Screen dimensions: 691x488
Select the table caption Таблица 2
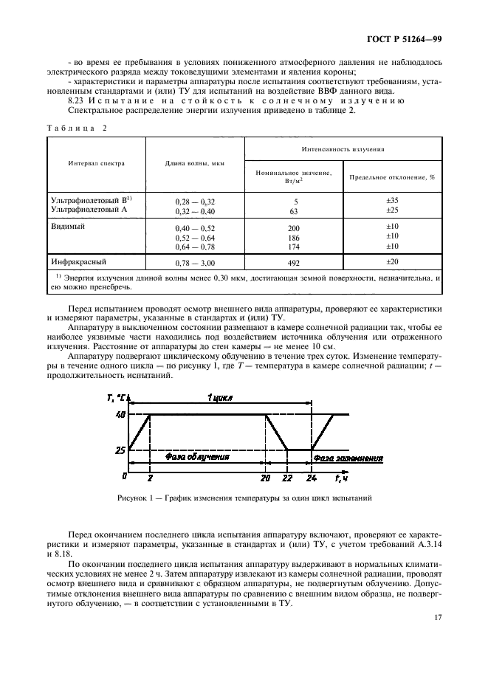[77, 127]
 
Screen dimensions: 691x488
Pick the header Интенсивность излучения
[343, 148]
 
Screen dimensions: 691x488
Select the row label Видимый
[68, 226]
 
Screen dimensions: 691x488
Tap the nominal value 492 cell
[295, 262]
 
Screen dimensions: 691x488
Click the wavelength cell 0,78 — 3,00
[194, 262]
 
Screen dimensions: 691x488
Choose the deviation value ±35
[392, 200]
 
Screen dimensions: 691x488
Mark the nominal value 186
[295, 237]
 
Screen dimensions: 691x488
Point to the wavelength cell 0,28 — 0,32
[194, 201]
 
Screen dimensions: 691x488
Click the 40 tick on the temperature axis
[120, 415]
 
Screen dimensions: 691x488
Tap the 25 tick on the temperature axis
[120, 449]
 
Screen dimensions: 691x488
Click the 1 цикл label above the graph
[219, 397]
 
